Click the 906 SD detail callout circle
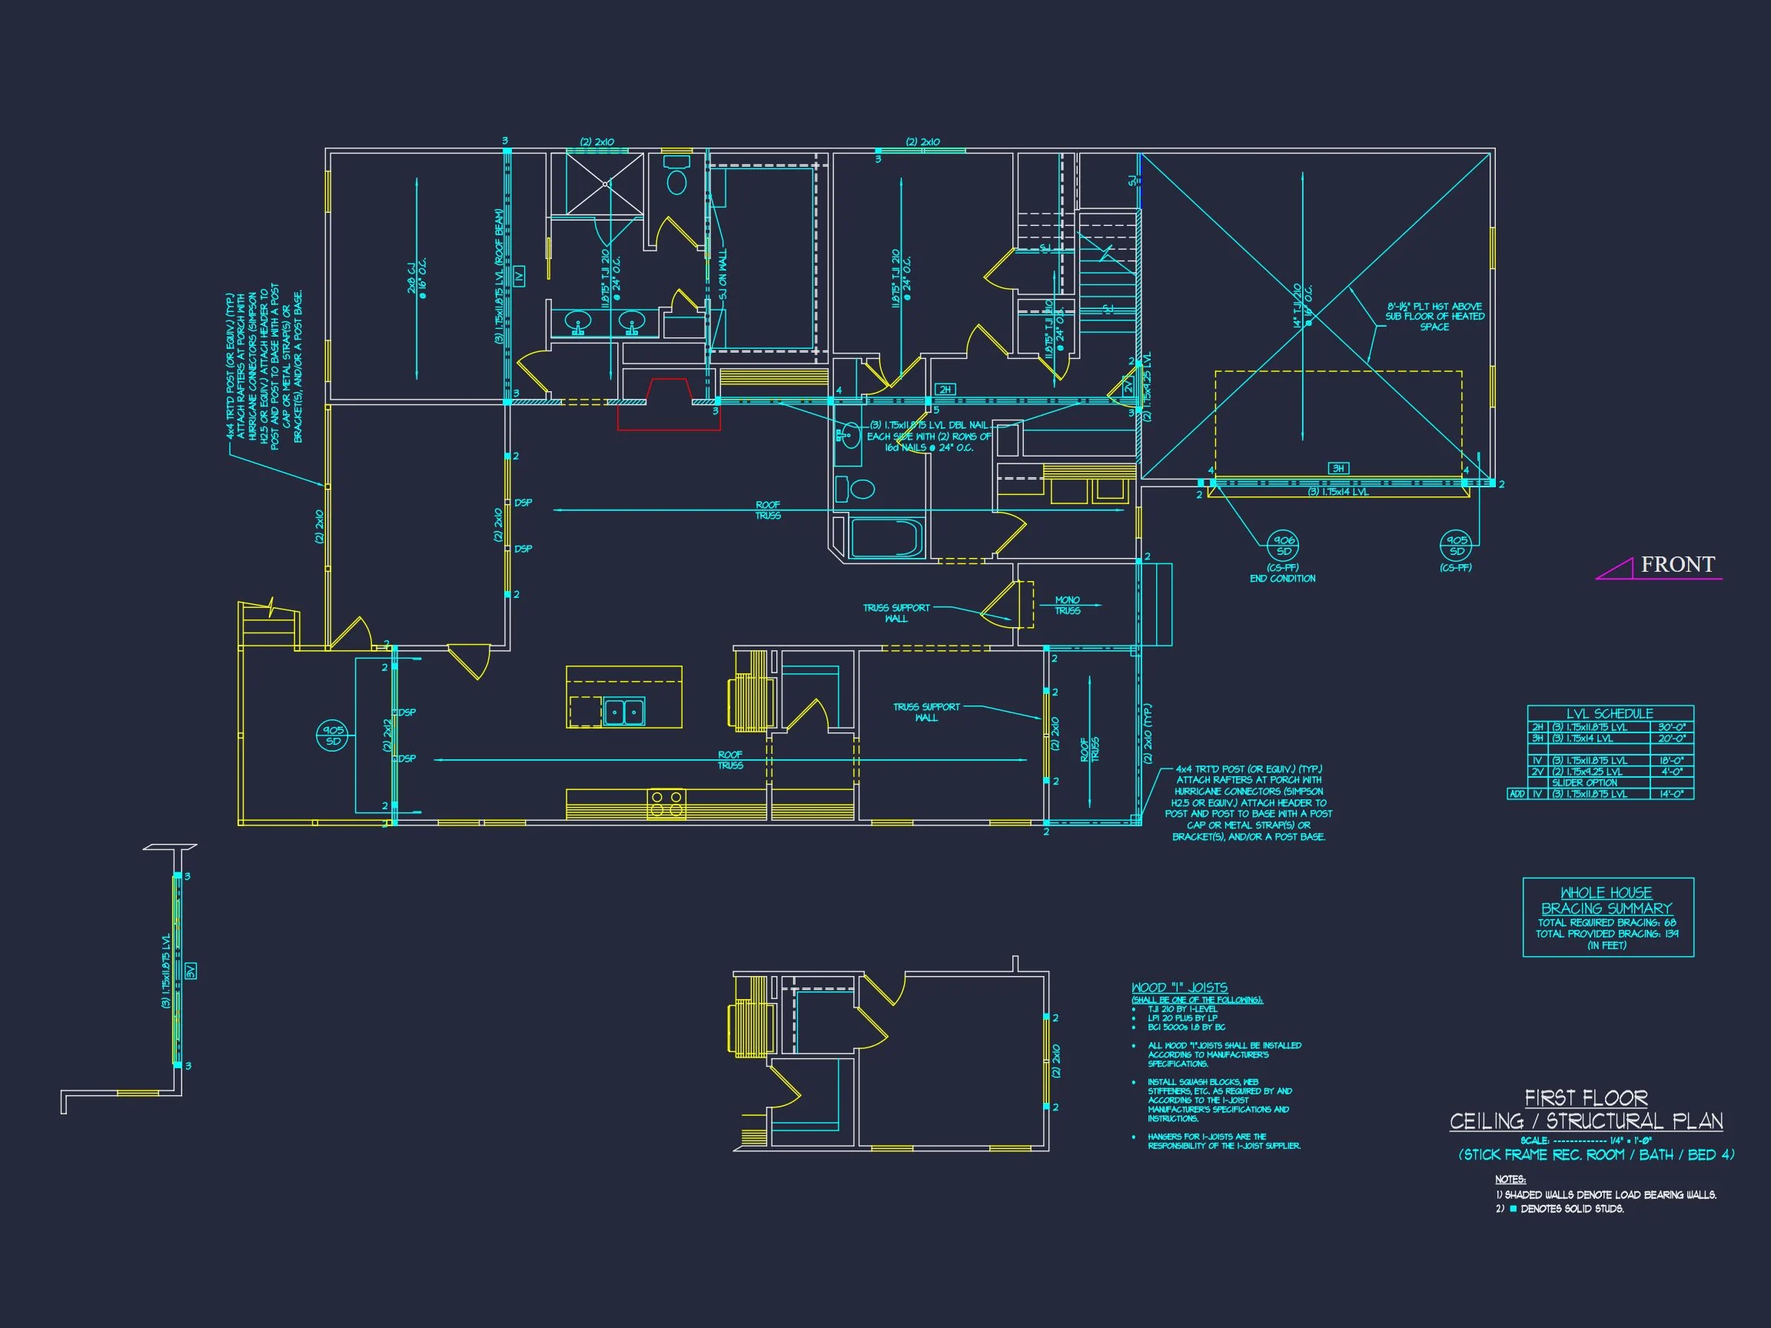1284,546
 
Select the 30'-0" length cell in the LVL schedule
1672,728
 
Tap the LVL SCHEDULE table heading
1610,713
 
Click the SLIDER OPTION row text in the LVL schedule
1584,783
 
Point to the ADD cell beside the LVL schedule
1517,794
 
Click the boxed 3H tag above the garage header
1337,468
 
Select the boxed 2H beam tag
945,390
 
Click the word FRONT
1677,564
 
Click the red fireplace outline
669,405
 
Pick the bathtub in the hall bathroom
885,538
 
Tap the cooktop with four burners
666,803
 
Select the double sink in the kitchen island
623,711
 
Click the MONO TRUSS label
1067,605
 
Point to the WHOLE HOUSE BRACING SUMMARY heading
1607,901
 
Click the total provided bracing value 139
1671,933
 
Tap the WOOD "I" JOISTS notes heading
1178,988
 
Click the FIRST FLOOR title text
1585,1097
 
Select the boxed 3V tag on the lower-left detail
191,971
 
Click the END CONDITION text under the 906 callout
1283,578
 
